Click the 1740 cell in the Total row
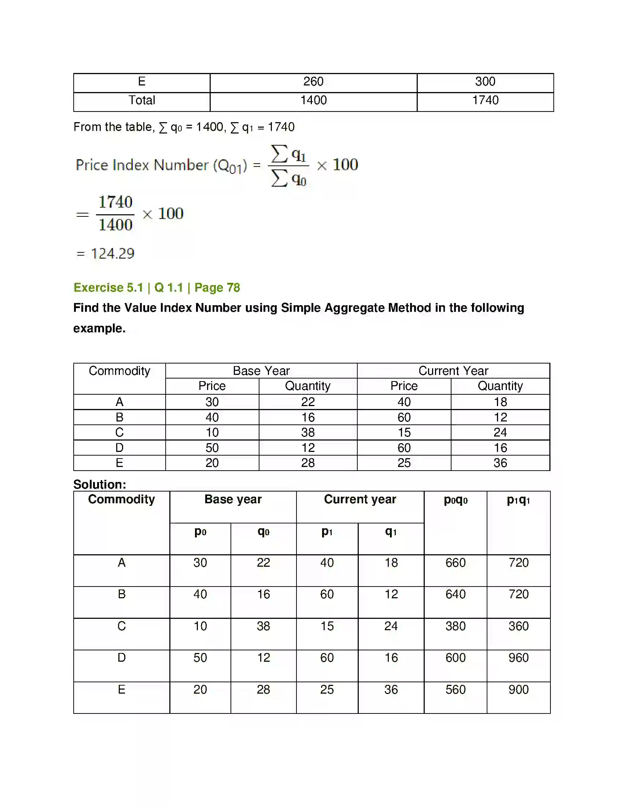pyautogui.click(x=485, y=100)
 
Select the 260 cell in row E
pyautogui.click(x=313, y=81)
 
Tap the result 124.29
pyautogui.click(x=113, y=253)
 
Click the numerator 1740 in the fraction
pyautogui.click(x=115, y=202)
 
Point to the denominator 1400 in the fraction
pyautogui.click(x=115, y=224)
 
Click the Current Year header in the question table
pyautogui.click(x=453, y=370)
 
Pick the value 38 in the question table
pyautogui.click(x=308, y=432)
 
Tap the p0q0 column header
pyautogui.click(x=456, y=500)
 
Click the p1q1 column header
pyautogui.click(x=518, y=500)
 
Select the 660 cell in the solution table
pyautogui.click(x=456, y=563)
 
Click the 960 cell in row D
pyautogui.click(x=518, y=658)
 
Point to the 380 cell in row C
pyautogui.click(x=456, y=626)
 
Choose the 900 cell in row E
pyautogui.click(x=518, y=690)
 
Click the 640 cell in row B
pyautogui.click(x=456, y=594)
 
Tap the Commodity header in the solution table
pyautogui.click(x=121, y=499)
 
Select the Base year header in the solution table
pyautogui.click(x=233, y=499)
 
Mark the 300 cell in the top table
pyautogui.click(x=485, y=81)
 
